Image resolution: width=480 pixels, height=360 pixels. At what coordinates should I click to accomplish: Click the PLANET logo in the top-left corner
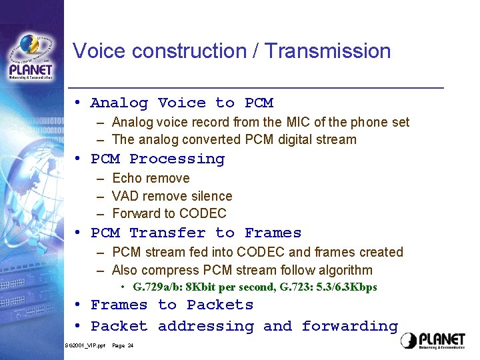[x=31, y=57]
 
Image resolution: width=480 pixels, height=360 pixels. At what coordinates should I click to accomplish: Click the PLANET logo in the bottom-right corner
[x=433, y=341]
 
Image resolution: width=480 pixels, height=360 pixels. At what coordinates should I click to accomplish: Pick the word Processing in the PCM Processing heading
[x=177, y=159]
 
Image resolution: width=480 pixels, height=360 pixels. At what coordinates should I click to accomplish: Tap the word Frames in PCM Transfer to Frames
[x=273, y=233]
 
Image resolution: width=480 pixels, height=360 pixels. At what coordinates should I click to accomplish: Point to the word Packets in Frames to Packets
[x=220, y=305]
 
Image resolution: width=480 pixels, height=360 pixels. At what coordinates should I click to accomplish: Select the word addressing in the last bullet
[x=205, y=326]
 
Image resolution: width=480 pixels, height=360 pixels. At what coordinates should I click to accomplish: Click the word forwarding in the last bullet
[x=349, y=326]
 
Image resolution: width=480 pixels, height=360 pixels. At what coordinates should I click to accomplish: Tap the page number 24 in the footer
[x=130, y=345]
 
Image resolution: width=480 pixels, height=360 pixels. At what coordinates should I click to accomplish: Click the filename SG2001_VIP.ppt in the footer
[x=85, y=345]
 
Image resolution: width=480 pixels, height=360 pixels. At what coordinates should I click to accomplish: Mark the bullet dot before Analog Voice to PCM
[x=78, y=103]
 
